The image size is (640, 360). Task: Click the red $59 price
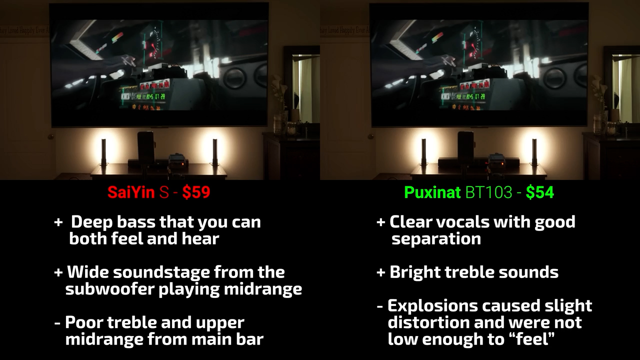(196, 192)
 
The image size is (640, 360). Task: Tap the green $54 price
(539, 192)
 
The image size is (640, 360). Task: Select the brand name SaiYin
(131, 192)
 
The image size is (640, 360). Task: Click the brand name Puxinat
(432, 192)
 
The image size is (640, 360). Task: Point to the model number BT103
(489, 192)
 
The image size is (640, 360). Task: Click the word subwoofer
(109, 289)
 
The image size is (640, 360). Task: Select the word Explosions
(432, 306)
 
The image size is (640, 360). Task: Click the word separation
(436, 239)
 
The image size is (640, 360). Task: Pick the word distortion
(428, 322)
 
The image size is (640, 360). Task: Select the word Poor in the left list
(83, 322)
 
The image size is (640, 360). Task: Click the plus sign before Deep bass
(58, 222)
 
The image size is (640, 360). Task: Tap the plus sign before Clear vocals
(381, 222)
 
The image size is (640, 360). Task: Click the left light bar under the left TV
(103, 152)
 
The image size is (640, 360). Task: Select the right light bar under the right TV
(534, 152)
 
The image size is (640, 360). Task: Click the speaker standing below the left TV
(145, 147)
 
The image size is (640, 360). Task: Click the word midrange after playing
(263, 289)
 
